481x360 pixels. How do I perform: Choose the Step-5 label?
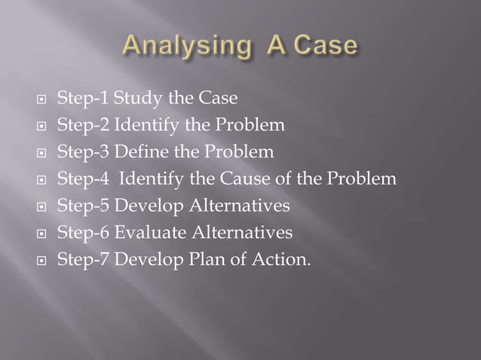(x=82, y=206)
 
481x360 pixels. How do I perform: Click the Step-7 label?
(x=82, y=260)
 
